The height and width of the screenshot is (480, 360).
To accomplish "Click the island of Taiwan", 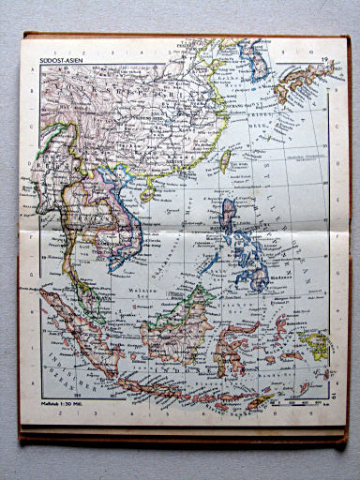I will click(224, 160).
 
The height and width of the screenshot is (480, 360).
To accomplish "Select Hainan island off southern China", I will click(147, 191).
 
